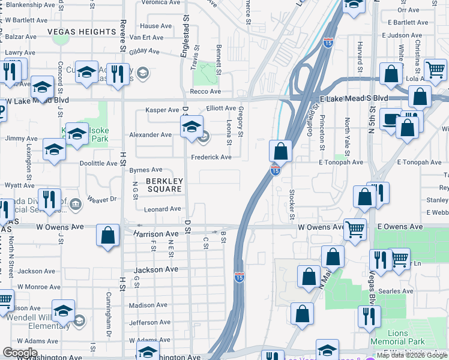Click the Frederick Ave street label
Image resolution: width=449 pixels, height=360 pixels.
coord(211,157)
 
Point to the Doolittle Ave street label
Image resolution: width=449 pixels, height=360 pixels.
coord(98,163)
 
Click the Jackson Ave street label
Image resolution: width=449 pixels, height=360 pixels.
coord(156,270)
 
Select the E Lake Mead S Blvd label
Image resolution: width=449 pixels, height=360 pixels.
coord(354,98)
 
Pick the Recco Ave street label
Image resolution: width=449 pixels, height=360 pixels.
coord(205,91)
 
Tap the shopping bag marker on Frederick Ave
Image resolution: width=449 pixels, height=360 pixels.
coord(280,152)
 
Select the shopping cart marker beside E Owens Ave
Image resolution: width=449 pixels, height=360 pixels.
coord(355,229)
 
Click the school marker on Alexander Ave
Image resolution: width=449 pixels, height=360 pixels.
coord(191,127)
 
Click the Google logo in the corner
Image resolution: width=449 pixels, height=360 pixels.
coord(20,352)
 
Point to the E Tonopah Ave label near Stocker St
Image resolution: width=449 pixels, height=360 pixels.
coord(341,162)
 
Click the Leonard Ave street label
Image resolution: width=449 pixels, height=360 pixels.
coord(163,209)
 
